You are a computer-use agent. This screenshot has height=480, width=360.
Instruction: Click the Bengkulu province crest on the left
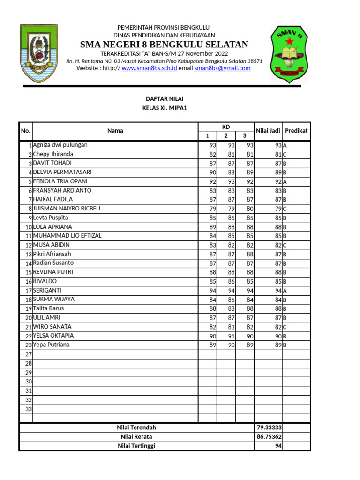(x=38, y=52)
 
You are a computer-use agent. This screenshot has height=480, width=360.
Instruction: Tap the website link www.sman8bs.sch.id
(x=149, y=68)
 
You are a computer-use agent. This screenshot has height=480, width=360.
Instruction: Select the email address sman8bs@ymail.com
(x=222, y=68)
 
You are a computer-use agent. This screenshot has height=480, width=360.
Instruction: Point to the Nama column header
(x=115, y=131)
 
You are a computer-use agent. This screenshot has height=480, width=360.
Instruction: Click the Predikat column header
(x=296, y=131)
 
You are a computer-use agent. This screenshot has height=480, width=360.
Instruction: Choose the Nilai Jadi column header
(x=268, y=131)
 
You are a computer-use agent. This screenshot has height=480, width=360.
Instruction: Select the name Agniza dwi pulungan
(x=60, y=145)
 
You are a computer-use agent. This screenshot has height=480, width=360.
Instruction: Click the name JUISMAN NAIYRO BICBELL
(x=67, y=209)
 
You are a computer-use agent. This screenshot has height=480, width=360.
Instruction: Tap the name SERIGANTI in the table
(x=47, y=291)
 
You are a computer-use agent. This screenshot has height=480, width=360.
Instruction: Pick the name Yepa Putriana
(x=52, y=345)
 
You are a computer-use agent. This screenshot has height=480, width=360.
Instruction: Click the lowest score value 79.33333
(x=269, y=428)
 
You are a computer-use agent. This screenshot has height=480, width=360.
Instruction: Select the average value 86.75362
(x=269, y=437)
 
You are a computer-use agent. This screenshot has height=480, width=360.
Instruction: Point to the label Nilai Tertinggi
(x=136, y=446)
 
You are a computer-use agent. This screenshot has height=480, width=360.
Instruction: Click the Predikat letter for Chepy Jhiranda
(x=285, y=155)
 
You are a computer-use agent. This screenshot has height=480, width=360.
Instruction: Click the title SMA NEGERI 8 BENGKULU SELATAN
(x=164, y=45)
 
